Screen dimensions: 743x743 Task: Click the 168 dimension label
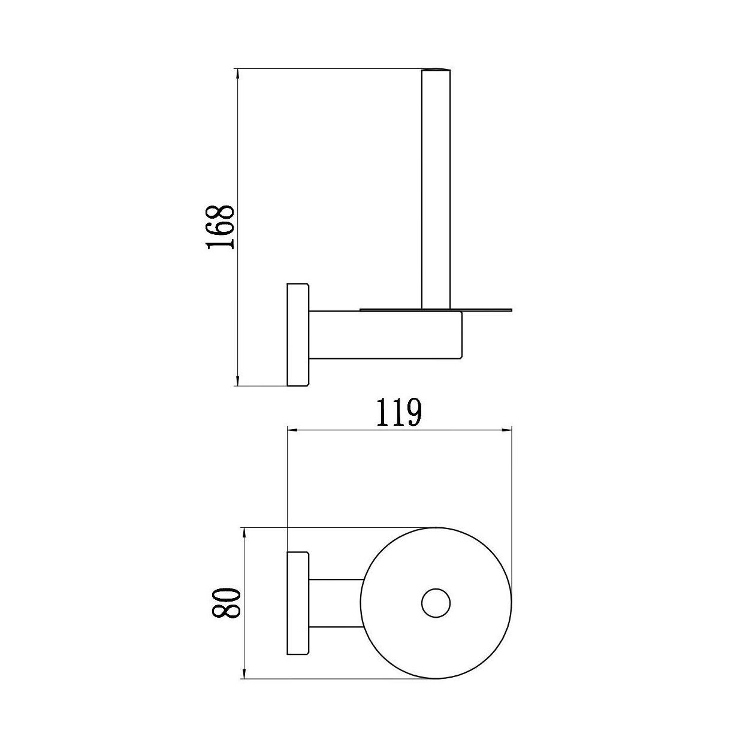(x=219, y=228)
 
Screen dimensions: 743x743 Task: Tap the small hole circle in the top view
(x=436, y=603)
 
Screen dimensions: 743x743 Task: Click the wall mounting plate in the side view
(x=298, y=334)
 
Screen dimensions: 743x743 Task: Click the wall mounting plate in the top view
(x=298, y=603)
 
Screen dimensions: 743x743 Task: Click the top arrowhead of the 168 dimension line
(x=238, y=73)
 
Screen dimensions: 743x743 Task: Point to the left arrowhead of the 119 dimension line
(x=292, y=430)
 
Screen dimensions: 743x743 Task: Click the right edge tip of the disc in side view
(x=512, y=310)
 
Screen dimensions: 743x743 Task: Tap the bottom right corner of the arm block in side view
(x=462, y=358)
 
